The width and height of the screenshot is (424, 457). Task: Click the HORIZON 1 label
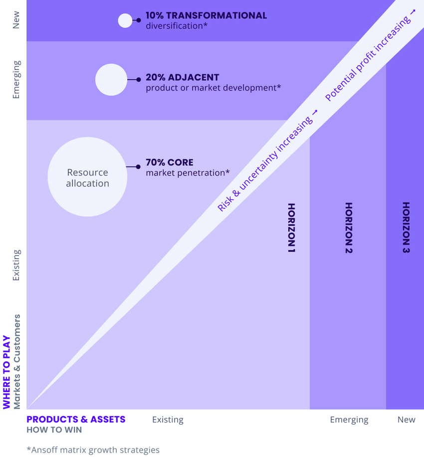pos(292,228)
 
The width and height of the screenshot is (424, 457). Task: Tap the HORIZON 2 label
pos(349,228)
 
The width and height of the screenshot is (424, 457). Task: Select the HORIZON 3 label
pos(406,228)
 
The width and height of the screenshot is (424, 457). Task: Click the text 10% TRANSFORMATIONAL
pos(206,15)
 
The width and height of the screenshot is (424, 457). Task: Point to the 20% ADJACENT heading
pos(182,78)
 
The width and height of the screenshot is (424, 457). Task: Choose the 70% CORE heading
pos(169,162)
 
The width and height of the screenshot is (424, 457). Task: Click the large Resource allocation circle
pos(87,177)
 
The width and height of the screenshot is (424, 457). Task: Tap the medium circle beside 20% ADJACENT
pos(111,80)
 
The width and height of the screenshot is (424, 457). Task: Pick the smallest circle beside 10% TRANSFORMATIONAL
pos(125,20)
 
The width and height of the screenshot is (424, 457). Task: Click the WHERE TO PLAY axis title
pos(6,372)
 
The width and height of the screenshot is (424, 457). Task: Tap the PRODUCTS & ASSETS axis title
pos(76,419)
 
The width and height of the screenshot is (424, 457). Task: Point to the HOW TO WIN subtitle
pos(54,430)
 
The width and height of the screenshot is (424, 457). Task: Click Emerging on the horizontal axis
pos(349,420)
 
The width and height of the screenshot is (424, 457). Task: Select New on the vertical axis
pos(16,20)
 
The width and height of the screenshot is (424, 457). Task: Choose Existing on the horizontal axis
pos(168,420)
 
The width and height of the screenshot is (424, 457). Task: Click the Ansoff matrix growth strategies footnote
pos(93,450)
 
